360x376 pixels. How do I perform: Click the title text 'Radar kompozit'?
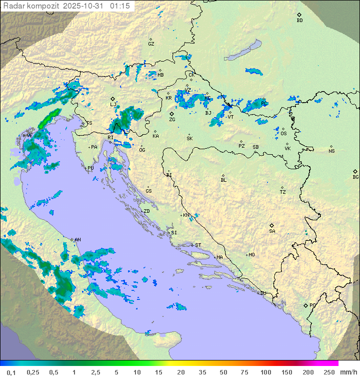tap(25, 6)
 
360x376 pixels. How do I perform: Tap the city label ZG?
tap(172, 120)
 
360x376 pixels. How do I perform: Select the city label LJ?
tap(113, 104)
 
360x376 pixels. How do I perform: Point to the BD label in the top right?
tap(299, 21)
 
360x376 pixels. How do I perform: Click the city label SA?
tap(272, 231)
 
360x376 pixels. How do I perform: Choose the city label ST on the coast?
tap(198, 245)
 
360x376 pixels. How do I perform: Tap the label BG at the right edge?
tap(355, 177)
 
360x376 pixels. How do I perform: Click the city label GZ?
tap(151, 44)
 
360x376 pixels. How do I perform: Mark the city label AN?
tap(77, 240)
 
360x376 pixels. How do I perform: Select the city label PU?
tap(90, 168)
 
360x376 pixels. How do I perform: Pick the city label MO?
tap(251, 254)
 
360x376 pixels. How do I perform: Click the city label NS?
tap(331, 151)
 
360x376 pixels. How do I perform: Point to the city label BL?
tap(223, 180)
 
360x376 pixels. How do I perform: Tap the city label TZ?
tap(283, 192)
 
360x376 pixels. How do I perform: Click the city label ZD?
tap(146, 211)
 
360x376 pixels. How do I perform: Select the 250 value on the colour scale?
tap(329, 371)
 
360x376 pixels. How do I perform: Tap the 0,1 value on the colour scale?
tap(11, 371)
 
